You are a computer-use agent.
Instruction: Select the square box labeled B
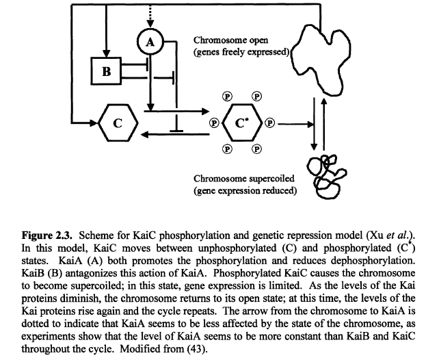tap(106, 70)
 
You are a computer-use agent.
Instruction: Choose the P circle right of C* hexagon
tap(269, 124)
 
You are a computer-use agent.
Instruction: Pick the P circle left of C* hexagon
tap(214, 124)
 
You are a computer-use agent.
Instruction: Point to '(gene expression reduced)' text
tap(245, 190)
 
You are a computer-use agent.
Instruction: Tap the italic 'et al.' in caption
tap(397, 227)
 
